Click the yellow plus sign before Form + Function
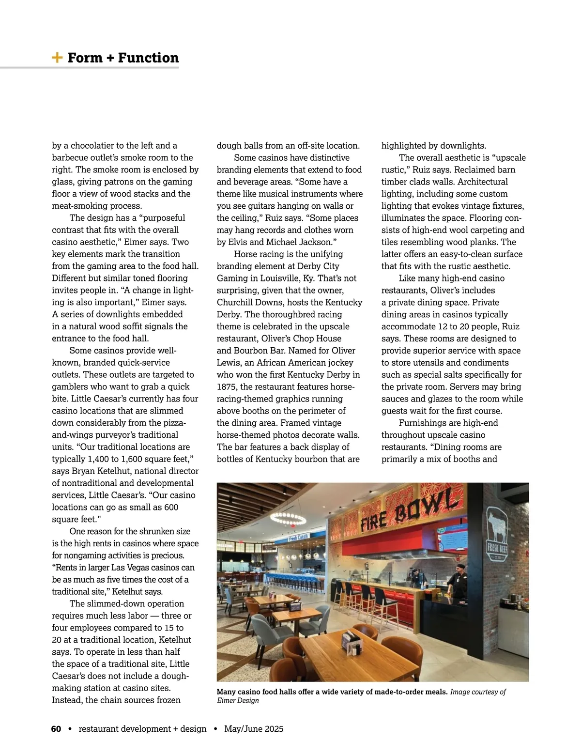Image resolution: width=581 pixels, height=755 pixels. (57, 58)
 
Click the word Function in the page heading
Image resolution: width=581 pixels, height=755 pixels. (148, 58)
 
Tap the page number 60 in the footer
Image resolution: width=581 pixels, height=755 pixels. (56, 729)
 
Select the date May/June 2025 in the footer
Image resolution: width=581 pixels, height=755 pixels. (254, 729)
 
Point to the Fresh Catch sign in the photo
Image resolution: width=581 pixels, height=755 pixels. (298, 538)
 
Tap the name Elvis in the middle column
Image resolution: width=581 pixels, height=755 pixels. (239, 242)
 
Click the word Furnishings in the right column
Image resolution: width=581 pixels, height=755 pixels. (424, 423)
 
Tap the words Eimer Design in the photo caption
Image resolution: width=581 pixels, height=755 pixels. (238, 700)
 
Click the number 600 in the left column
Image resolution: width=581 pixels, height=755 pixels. (170, 507)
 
